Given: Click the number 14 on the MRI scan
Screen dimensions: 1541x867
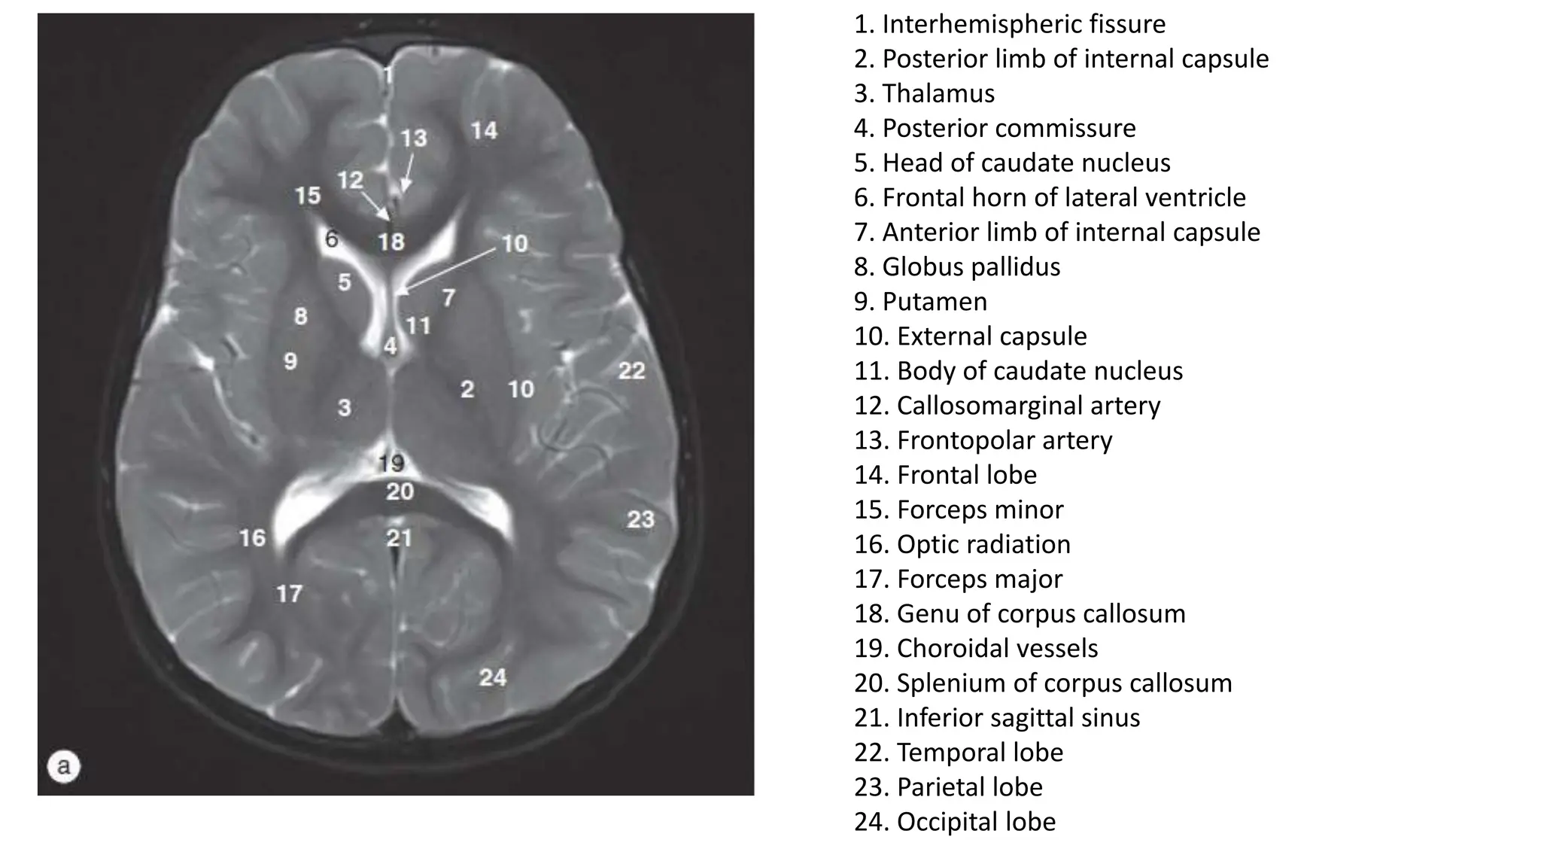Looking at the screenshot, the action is tap(485, 131).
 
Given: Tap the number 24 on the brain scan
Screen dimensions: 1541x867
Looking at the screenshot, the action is tap(493, 678).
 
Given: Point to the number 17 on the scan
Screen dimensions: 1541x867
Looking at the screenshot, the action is tap(289, 595).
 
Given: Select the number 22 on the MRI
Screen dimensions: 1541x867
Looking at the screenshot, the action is tap(632, 370).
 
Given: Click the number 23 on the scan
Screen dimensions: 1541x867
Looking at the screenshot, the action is tap(641, 519).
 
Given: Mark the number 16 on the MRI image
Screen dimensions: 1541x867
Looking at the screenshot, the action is tap(253, 538).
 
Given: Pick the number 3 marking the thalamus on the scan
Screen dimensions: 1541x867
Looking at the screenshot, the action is tap(345, 408).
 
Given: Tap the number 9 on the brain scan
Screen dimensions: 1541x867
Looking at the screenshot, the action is tap(290, 362).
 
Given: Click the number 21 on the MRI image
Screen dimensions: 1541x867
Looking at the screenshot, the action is tap(400, 538).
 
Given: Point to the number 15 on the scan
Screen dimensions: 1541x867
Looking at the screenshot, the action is tap(308, 196).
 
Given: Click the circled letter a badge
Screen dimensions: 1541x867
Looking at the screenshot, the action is tap(64, 767).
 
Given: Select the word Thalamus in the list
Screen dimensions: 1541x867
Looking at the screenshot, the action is tap(938, 93).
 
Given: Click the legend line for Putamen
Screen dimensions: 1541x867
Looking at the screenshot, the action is tap(935, 302).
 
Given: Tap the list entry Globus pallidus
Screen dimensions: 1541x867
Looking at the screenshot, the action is tap(971, 267).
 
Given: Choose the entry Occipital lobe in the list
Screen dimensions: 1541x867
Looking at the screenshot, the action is tap(976, 822).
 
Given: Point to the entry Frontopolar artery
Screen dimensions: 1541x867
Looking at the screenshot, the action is tap(1004, 440).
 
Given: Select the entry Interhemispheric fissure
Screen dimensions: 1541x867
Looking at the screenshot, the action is tap(1023, 24).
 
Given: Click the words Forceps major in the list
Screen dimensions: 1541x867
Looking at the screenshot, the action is tap(979, 580).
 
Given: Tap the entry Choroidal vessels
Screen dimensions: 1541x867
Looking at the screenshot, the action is tap(997, 649).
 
